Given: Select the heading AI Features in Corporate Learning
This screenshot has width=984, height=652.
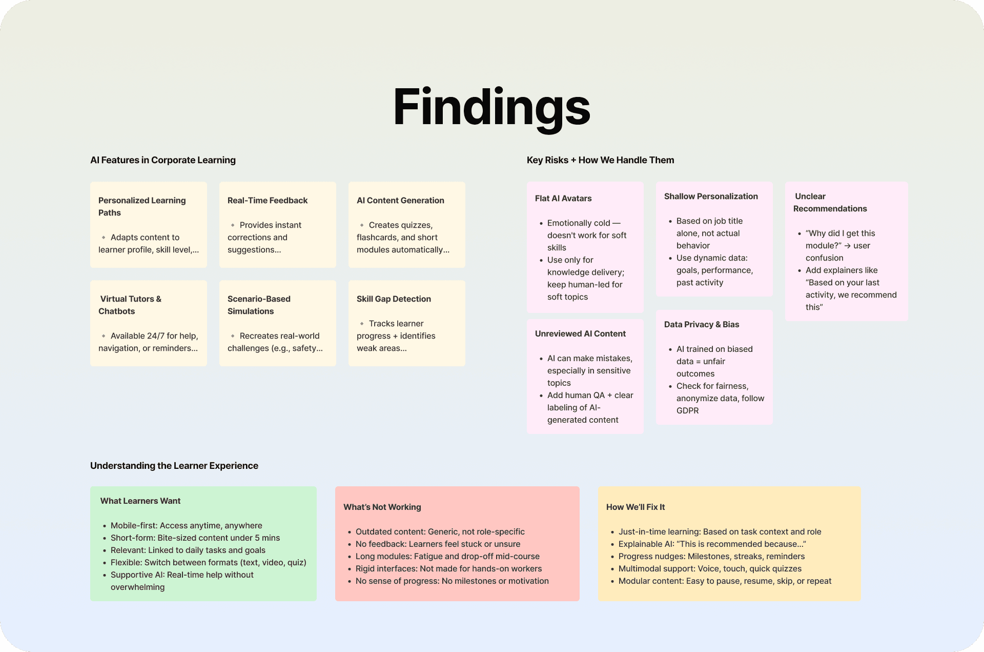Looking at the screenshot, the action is (x=163, y=160).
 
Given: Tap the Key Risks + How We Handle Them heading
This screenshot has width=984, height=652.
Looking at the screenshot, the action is (x=600, y=160).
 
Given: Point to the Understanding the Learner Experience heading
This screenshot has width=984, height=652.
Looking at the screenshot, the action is (x=174, y=466).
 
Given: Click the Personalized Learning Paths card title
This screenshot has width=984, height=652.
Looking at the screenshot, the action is (x=142, y=206).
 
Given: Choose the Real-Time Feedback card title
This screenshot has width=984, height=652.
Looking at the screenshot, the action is (x=268, y=201).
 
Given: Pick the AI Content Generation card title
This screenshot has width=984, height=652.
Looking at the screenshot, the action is (x=400, y=201).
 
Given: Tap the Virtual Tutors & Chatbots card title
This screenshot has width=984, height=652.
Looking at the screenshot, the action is (x=130, y=305).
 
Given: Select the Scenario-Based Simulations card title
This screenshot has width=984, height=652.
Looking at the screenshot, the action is (x=259, y=305).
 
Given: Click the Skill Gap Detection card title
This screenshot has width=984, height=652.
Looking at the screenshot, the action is (x=394, y=299).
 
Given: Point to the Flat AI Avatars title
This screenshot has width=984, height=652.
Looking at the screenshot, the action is (x=563, y=199).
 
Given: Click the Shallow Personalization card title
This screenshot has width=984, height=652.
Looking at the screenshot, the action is (x=711, y=196).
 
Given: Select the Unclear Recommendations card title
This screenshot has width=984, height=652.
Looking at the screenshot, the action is (x=830, y=203).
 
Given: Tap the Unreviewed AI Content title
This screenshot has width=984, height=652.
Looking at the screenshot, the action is (x=580, y=334).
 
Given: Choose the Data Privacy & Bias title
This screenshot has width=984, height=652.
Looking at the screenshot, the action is (x=702, y=325).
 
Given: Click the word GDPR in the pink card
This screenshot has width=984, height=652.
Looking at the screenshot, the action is (x=687, y=411).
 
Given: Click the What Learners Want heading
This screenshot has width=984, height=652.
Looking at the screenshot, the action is (x=140, y=501).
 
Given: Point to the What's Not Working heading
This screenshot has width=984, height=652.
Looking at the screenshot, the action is (x=382, y=507).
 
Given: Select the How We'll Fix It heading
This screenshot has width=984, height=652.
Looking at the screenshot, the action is (x=635, y=507).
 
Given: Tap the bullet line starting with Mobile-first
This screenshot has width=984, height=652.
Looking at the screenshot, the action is (x=187, y=526).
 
